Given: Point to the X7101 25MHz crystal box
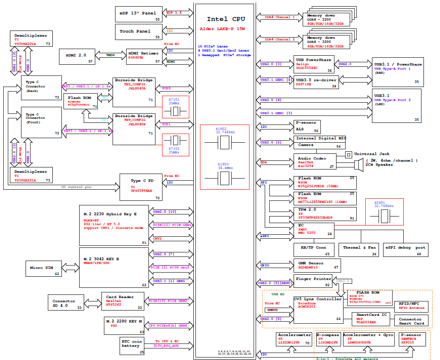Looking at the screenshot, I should point(176,107).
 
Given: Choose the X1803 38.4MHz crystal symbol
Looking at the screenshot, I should point(224,178).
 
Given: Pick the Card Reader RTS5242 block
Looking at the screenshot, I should point(122,301).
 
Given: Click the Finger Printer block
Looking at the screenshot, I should point(314,281).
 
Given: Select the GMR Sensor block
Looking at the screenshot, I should point(317,265).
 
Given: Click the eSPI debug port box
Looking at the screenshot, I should point(405,250).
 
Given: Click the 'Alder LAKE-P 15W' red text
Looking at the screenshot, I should point(222,28).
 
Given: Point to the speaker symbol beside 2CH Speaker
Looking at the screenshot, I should point(357,164).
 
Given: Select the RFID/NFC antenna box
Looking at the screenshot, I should point(411,306).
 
